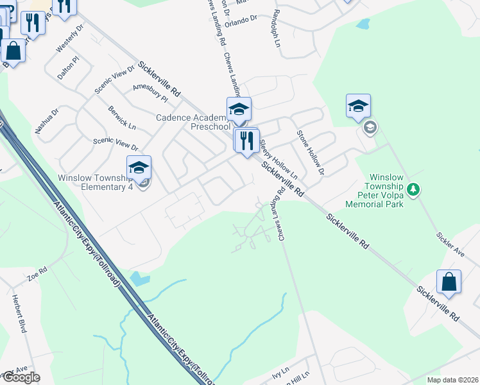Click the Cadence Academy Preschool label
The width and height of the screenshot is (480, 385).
(x=192, y=122)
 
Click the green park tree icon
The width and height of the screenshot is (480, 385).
(x=414, y=189)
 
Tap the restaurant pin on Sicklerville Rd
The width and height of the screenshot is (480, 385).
(x=246, y=141)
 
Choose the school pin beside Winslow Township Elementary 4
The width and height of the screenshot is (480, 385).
(x=139, y=169)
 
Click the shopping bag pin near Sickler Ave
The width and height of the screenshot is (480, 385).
(x=449, y=282)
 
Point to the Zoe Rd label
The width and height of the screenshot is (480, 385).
(x=37, y=275)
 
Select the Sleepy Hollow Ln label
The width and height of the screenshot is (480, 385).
(x=279, y=158)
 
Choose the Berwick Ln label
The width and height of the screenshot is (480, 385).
(x=122, y=117)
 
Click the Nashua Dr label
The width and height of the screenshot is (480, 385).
(x=47, y=120)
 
